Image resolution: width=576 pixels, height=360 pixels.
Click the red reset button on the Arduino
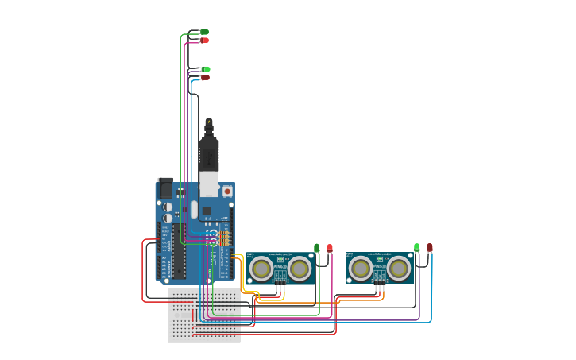227,191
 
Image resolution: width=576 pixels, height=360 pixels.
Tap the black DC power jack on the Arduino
165,188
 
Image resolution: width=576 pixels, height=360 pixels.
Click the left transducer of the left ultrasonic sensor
261,269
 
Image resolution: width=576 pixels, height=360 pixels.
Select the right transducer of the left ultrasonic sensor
300,269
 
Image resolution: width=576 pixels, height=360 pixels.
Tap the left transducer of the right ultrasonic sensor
361,269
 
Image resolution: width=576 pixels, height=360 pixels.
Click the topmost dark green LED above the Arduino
204,32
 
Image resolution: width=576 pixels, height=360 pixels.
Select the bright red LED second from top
205,40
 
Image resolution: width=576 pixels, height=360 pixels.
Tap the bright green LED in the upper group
206,69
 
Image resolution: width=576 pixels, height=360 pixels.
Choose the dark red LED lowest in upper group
205,77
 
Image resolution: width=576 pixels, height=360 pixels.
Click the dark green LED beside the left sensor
316,248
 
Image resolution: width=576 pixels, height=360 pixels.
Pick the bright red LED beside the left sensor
330,248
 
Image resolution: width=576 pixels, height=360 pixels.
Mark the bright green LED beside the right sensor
416,248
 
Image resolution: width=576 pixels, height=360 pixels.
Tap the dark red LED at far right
430,248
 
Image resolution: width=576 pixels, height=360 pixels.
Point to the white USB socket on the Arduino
208,184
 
